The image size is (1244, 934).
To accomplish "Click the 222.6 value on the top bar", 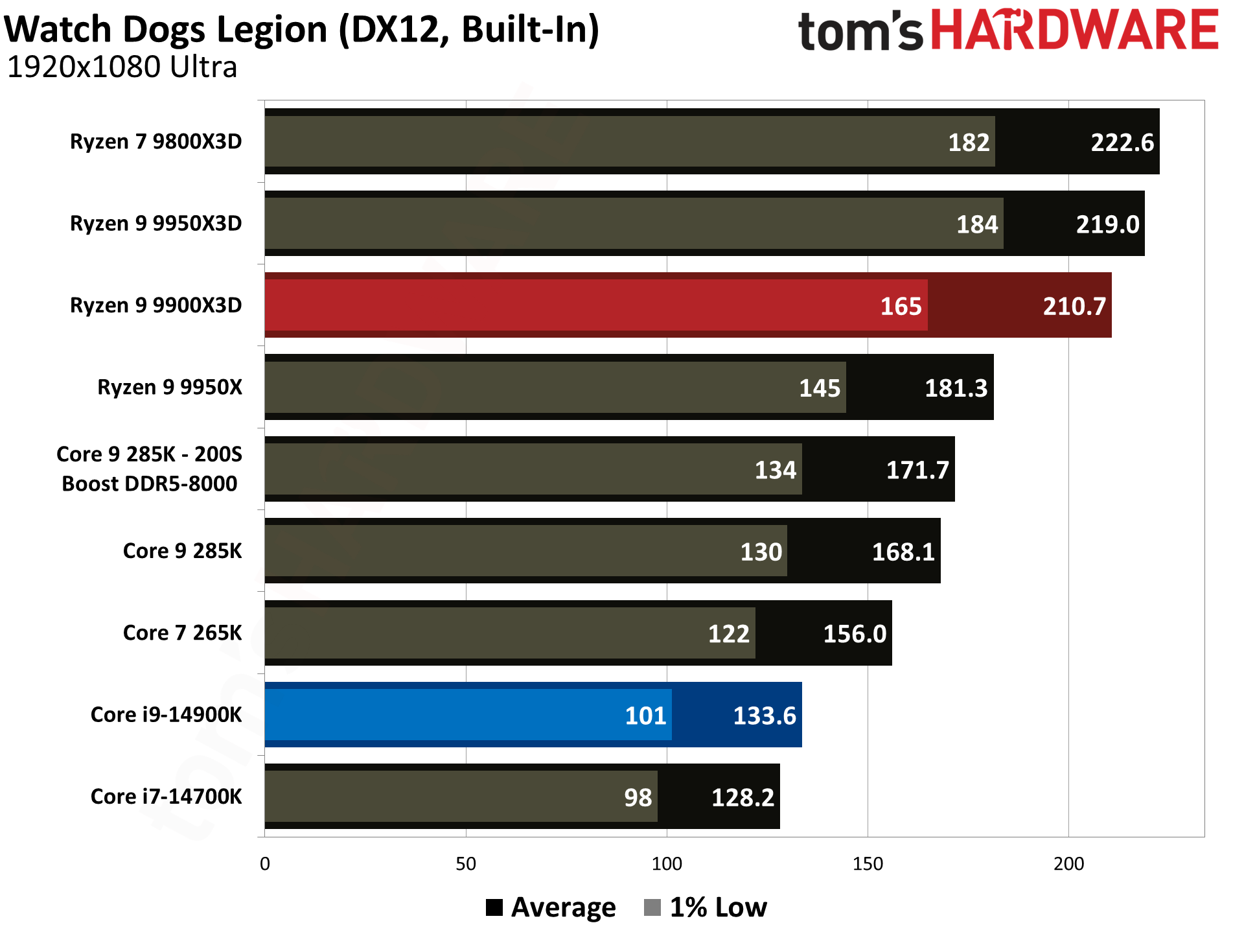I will [1122, 143].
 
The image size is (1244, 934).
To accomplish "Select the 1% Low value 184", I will [977, 224].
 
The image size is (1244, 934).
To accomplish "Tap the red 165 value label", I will [901, 306].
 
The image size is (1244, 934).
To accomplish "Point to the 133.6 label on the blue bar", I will [764, 716].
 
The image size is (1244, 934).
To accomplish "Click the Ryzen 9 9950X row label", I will [169, 387].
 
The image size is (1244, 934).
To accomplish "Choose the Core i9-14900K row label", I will [166, 714].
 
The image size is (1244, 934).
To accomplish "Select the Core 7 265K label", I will [182, 633].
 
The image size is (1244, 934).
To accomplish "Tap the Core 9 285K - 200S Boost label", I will [150, 469].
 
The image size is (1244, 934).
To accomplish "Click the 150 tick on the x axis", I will [868, 863].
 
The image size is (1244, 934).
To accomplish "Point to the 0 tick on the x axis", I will [265, 863].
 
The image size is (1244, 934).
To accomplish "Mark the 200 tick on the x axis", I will [1068, 863].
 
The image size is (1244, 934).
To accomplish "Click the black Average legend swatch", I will [494, 907].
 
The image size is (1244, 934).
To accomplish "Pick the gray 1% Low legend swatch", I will [652, 907].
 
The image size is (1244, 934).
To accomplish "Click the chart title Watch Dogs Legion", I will [302, 30].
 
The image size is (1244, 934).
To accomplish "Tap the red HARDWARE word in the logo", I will [1075, 30].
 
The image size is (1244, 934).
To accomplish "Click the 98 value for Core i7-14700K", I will [638, 797].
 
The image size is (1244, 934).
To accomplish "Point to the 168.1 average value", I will [903, 552].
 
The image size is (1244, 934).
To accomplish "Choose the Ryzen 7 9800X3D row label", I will [155, 141].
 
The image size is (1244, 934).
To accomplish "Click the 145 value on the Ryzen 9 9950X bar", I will [819, 388].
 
